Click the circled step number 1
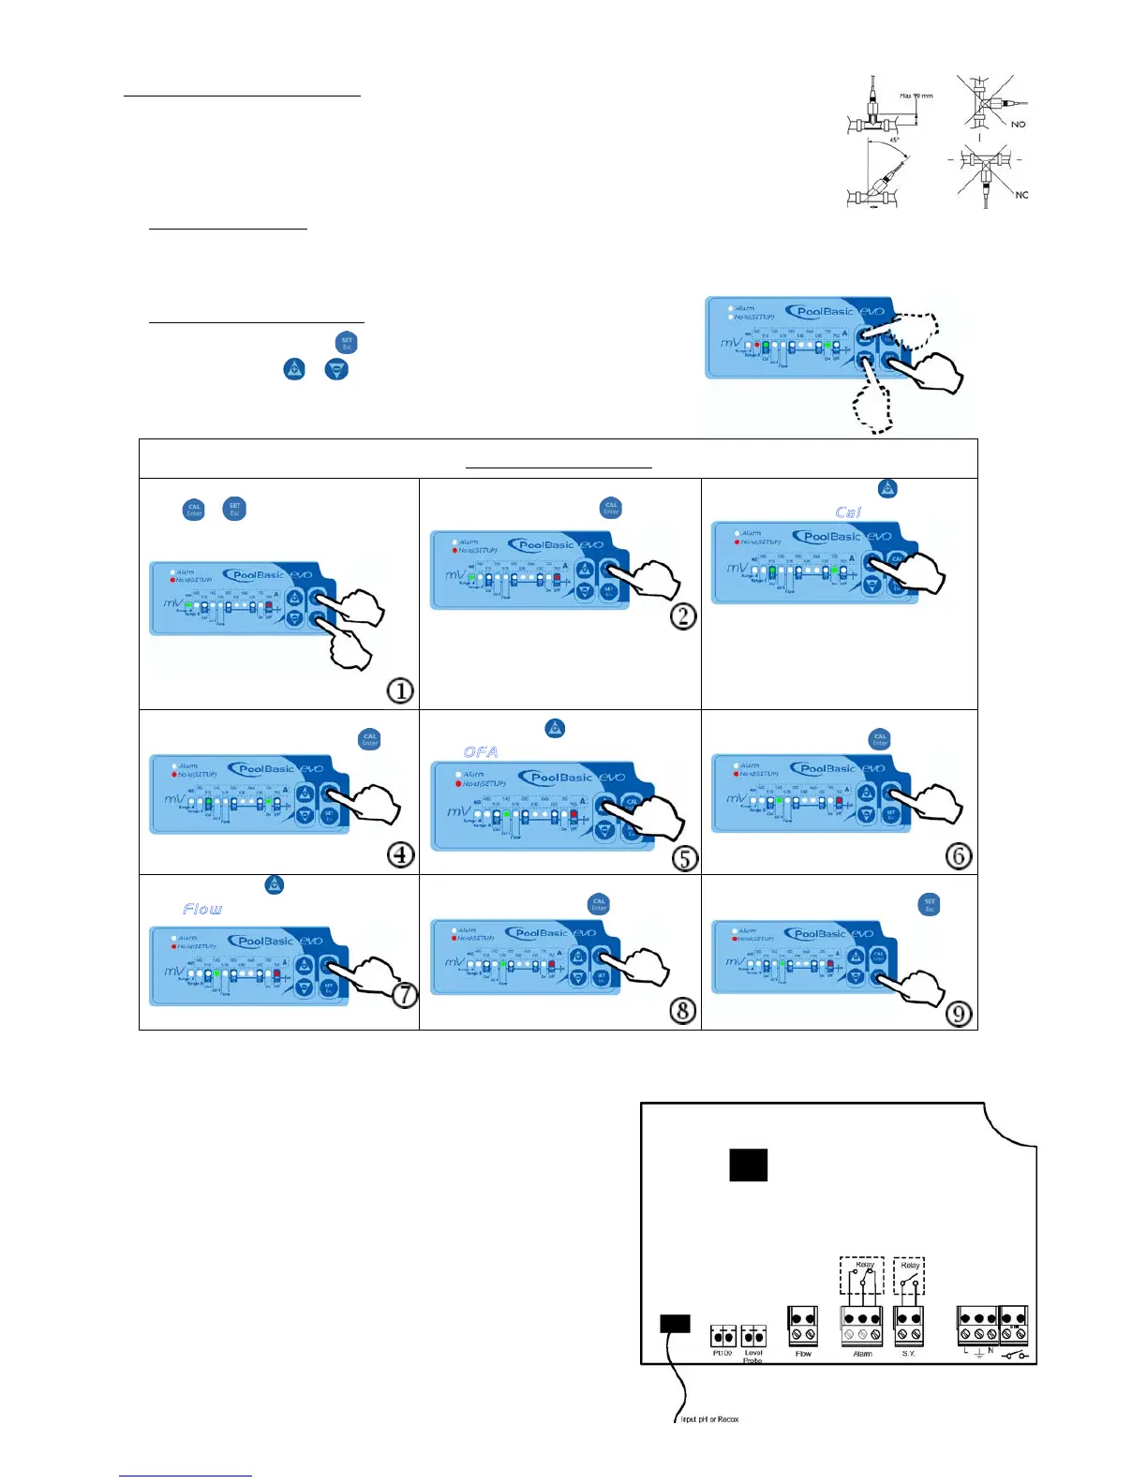(400, 691)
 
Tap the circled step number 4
(401, 855)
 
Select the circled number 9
(958, 1014)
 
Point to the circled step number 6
(959, 855)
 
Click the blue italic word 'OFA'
(481, 752)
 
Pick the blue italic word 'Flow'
(202, 909)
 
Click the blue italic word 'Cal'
(848, 512)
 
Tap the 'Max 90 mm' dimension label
(916, 96)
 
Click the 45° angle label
(894, 141)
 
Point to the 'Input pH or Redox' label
(709, 1419)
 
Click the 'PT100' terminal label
(722, 1354)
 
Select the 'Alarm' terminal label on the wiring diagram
(862, 1354)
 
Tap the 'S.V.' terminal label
(908, 1354)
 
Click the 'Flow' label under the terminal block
(803, 1354)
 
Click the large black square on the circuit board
(748, 1165)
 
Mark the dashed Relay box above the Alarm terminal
(862, 1275)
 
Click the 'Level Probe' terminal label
(753, 1357)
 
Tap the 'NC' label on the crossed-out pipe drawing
(1021, 195)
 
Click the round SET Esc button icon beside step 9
(930, 904)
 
